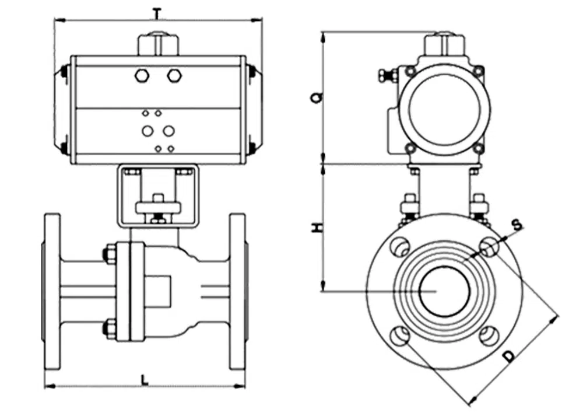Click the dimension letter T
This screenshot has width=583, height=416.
tap(156, 12)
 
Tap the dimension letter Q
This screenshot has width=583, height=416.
tap(315, 97)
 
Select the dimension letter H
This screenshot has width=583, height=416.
tap(315, 228)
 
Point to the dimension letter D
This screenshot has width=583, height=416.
tap(510, 355)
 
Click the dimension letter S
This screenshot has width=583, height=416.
tap(515, 223)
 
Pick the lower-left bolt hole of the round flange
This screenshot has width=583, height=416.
tap(401, 336)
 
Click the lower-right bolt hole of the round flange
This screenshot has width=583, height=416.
tap(489, 335)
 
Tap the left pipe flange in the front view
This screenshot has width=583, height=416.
tap(52, 291)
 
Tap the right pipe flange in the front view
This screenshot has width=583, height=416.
tap(238, 291)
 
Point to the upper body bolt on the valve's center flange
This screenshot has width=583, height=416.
tap(110, 254)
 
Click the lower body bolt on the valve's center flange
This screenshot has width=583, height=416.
tap(110, 328)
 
